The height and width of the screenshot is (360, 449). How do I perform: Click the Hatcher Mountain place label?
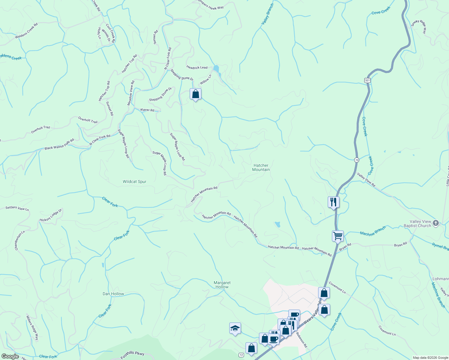pyautogui.click(x=261, y=167)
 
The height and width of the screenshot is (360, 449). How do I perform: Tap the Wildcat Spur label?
pyautogui.click(x=134, y=181)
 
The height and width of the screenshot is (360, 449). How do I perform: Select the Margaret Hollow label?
pyautogui.click(x=222, y=285)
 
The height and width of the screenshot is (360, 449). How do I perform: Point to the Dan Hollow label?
pyautogui.click(x=113, y=294)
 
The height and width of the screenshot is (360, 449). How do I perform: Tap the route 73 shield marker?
pyautogui.click(x=356, y=160)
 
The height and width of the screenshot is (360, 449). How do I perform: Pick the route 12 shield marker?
pyautogui.click(x=241, y=355)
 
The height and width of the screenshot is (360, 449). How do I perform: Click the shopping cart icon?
pyautogui.click(x=338, y=236)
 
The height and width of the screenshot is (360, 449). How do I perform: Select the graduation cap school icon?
pyautogui.click(x=235, y=328)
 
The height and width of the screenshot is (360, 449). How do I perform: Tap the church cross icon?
pyautogui.click(x=436, y=223)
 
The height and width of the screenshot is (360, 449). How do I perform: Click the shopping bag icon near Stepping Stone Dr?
pyautogui.click(x=195, y=94)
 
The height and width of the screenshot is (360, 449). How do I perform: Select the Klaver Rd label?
pyautogui.click(x=147, y=110)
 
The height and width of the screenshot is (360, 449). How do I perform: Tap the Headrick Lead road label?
pyautogui.click(x=197, y=67)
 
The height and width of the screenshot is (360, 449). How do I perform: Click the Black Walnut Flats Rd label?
pyautogui.click(x=59, y=145)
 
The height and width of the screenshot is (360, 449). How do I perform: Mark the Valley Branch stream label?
pyautogui.click(x=267, y=14)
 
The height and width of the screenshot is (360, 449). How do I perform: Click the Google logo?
pyautogui.click(x=10, y=356)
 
